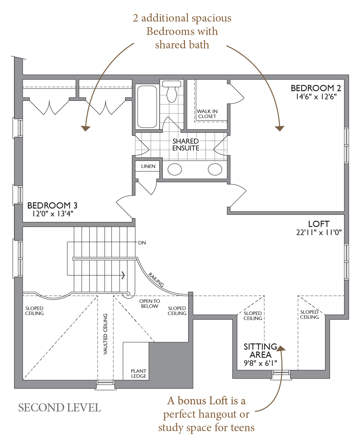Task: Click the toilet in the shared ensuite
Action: click(172, 91)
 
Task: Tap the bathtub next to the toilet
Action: click(147, 106)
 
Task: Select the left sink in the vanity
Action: click(175, 169)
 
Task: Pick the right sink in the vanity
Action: click(215, 169)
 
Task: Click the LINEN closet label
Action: click(148, 166)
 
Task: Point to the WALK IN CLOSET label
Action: click(207, 114)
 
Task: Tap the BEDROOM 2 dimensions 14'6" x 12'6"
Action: click(316, 97)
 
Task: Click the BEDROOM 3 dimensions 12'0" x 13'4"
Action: click(53, 214)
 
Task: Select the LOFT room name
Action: click(319, 224)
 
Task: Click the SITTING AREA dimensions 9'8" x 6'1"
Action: click(260, 363)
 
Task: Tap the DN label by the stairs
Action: click(142, 243)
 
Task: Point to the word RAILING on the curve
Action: click(156, 280)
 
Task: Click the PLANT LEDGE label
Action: click(139, 373)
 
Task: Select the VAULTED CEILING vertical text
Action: click(106, 334)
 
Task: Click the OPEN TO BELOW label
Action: click(149, 303)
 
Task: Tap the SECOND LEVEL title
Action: click(59, 408)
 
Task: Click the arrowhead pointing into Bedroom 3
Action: click(85, 128)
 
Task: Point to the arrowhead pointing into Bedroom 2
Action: click(280, 128)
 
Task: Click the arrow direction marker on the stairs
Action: click(123, 275)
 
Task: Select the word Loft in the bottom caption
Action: click(218, 401)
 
